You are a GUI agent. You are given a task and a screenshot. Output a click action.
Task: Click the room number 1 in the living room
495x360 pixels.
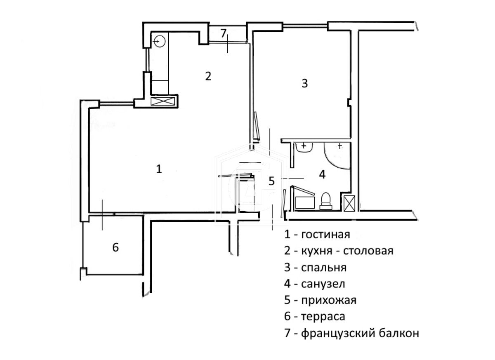point(159,169)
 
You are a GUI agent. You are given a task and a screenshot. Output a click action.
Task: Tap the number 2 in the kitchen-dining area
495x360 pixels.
point(208,76)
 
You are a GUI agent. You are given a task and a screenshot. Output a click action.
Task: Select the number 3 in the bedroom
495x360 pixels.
point(304,83)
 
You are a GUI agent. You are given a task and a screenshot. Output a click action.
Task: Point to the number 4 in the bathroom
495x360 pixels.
point(322,174)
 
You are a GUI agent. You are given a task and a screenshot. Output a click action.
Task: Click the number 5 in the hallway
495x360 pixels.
point(271,181)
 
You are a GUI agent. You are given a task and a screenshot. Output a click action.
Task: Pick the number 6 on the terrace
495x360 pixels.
point(115,247)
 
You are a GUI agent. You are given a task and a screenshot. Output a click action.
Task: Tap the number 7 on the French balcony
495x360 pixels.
point(223,33)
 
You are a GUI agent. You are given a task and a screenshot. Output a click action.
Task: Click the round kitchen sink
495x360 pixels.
point(160,41)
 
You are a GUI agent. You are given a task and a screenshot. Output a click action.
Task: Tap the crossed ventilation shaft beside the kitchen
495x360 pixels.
point(163,102)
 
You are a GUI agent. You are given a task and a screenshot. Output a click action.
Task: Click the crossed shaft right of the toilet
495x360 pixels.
point(349,203)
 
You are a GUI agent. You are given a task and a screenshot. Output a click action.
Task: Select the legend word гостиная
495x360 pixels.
point(325,235)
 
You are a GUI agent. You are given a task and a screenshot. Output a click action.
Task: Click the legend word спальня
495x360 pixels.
point(324,268)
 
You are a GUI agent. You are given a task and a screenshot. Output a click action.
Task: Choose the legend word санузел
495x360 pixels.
point(323,284)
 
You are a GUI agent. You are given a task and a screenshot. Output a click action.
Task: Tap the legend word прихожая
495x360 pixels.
point(329,300)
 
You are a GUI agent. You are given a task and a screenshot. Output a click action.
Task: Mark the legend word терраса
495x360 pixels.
point(323,317)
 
